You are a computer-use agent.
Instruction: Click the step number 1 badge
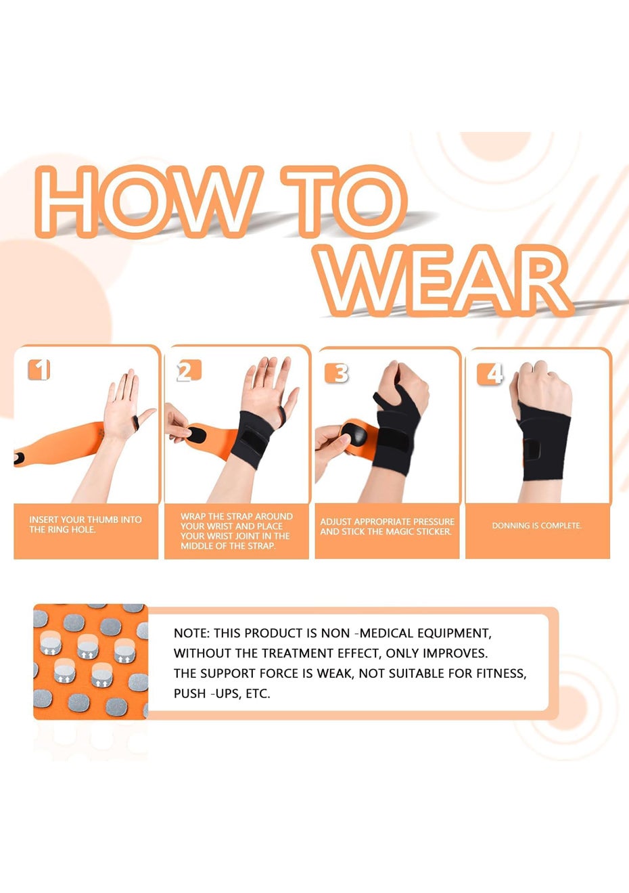tap(39, 369)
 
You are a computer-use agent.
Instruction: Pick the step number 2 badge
tap(189, 371)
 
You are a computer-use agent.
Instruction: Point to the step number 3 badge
tap(337, 373)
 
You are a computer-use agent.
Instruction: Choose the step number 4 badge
tap(490, 374)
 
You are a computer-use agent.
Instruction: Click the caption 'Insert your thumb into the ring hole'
tap(85, 525)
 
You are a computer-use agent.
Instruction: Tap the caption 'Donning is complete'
tap(537, 526)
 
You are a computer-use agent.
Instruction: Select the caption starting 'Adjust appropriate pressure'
tap(387, 526)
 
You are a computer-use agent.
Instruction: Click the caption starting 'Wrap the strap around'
tap(236, 531)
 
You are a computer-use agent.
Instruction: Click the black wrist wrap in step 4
tap(545, 442)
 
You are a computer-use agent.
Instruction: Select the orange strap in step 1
tap(60, 444)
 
